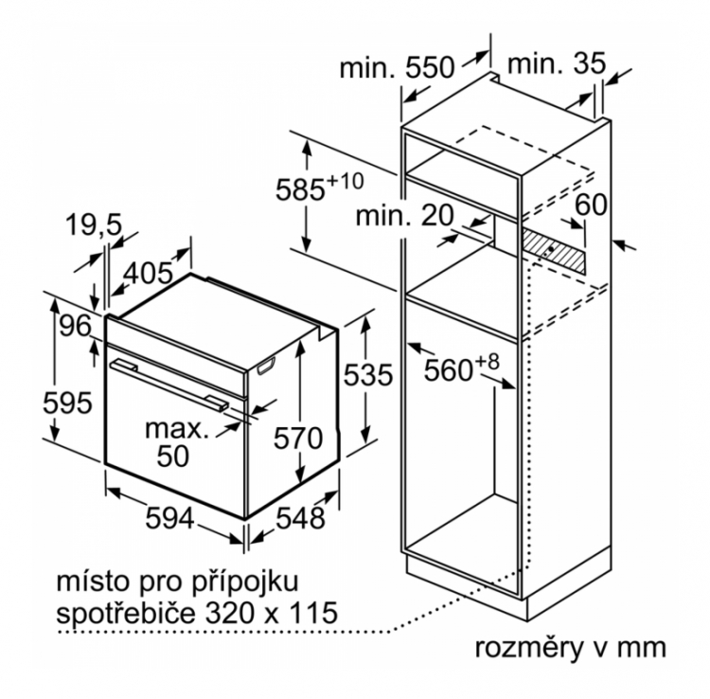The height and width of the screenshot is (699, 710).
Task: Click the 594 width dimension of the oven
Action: tap(169, 518)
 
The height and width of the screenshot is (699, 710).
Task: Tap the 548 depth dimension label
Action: tap(301, 518)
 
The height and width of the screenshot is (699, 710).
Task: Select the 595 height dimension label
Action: tap(67, 403)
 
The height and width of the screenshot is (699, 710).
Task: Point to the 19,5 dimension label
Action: tap(94, 224)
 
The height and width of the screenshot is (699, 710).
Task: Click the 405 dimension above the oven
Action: tap(148, 273)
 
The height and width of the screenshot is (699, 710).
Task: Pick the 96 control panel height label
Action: tap(75, 325)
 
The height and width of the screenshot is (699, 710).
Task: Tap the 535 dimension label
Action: tap(367, 375)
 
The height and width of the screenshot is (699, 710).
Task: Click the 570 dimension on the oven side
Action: tap(298, 439)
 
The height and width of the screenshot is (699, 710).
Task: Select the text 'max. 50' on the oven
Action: tap(177, 442)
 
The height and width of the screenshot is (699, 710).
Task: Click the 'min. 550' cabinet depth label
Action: tap(397, 67)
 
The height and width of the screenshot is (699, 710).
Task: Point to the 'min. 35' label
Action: tap(557, 63)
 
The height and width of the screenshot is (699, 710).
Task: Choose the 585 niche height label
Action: tap(320, 188)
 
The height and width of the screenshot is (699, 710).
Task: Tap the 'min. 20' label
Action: tap(404, 216)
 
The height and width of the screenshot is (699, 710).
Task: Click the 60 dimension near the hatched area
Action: tap(591, 205)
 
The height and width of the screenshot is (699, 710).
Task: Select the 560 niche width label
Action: tap(461, 368)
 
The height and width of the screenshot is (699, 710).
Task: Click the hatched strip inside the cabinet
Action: tap(554, 250)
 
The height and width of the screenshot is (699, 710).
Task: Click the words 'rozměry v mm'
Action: tap(571, 648)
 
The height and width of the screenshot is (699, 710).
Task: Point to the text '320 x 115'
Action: tap(272, 613)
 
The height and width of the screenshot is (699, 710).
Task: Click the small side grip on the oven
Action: tap(266, 366)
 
